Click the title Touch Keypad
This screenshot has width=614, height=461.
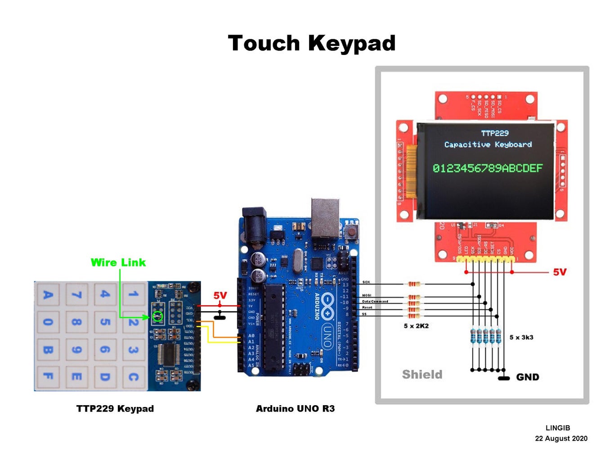click(x=311, y=44)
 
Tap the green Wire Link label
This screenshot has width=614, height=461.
click(x=118, y=262)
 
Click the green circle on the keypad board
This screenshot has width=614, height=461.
click(x=157, y=316)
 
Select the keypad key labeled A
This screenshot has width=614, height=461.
click(x=48, y=295)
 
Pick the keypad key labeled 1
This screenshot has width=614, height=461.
click(x=133, y=294)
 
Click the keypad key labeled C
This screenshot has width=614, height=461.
click(x=133, y=376)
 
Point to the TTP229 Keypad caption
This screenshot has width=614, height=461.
click(x=115, y=409)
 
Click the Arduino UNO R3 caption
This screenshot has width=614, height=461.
click(x=295, y=409)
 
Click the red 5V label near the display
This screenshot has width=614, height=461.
click(x=560, y=272)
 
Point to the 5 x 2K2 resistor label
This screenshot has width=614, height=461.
click(x=416, y=326)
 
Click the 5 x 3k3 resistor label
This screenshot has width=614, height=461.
click(x=521, y=337)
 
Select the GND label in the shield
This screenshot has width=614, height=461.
click(x=527, y=377)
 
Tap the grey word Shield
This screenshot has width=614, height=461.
click(x=422, y=375)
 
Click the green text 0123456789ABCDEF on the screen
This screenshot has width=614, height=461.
click(x=488, y=168)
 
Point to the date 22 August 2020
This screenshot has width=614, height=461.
click(x=561, y=438)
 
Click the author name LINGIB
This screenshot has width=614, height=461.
click(x=558, y=428)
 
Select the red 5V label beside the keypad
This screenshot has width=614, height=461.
click(x=220, y=295)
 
